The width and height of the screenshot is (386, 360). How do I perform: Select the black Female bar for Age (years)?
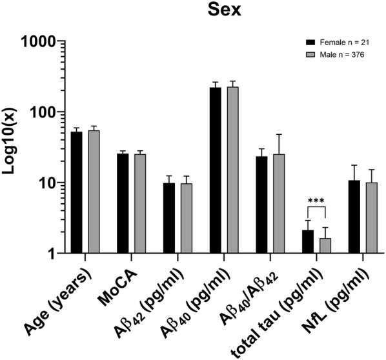[76, 193]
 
